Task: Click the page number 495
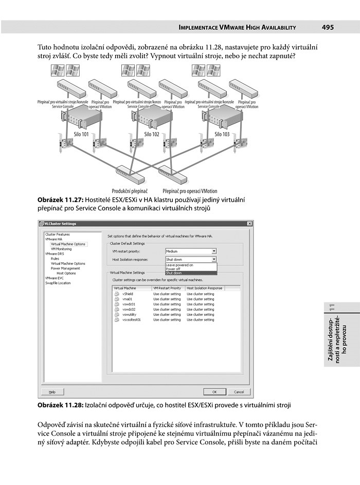(328, 27)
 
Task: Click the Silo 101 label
(81, 134)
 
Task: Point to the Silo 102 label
(151, 134)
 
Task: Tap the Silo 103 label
(222, 134)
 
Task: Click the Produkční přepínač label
(130, 191)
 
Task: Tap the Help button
(52, 391)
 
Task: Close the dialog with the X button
(249, 224)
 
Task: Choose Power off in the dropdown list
(173, 269)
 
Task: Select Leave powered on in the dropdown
(179, 265)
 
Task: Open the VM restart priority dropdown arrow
(214, 252)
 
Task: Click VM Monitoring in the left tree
(61, 249)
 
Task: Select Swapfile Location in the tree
(58, 283)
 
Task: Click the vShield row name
(128, 294)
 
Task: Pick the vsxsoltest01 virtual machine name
(132, 319)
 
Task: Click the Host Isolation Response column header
(204, 288)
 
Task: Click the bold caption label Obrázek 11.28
(60, 405)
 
